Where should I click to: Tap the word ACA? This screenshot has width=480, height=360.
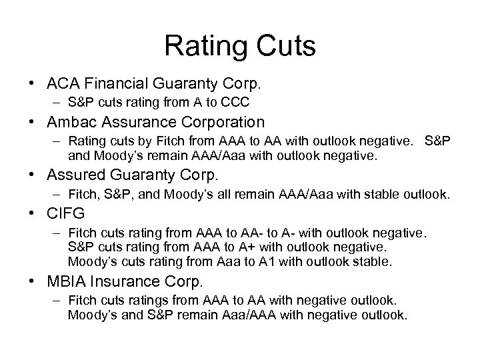[61, 85]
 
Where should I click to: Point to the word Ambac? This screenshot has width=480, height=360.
[69, 122]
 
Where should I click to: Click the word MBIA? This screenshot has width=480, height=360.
[63, 281]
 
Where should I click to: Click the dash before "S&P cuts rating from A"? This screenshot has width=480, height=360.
[53, 103]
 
